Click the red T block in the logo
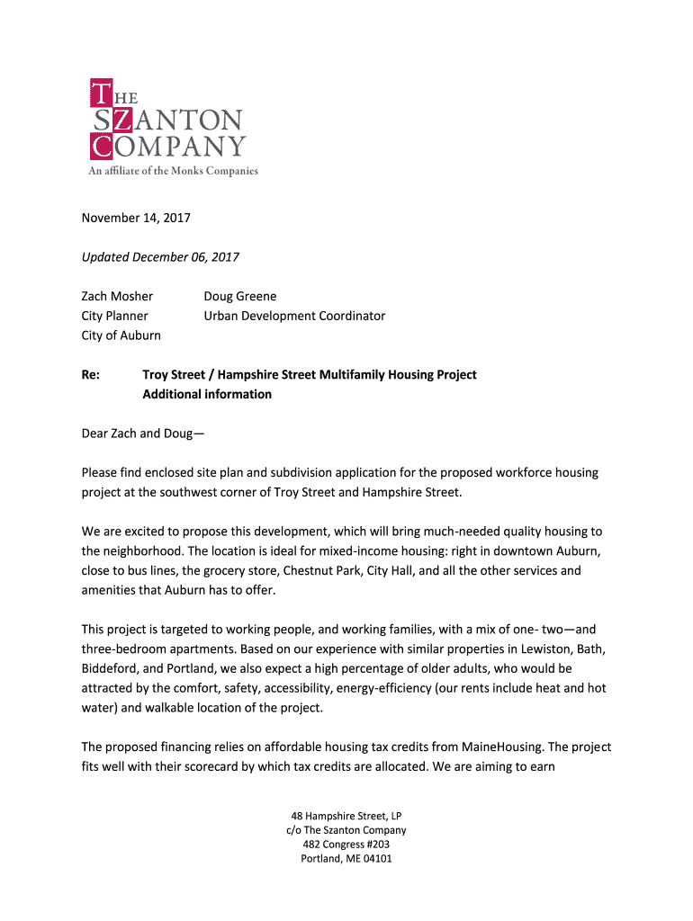coord(102,92)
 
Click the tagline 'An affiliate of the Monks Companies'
coord(173,171)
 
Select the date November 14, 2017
coord(136,218)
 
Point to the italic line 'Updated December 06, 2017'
coord(160,257)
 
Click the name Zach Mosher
coord(117,296)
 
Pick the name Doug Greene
coord(240,296)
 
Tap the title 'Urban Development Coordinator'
coord(294,316)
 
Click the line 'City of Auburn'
coord(121,335)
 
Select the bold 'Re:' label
coord(91,374)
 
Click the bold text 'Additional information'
coord(207,394)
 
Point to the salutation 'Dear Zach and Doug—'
coord(143,434)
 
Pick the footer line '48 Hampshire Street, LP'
coord(346,816)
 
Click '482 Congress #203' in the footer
coord(346,845)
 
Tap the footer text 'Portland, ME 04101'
coord(346,858)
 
